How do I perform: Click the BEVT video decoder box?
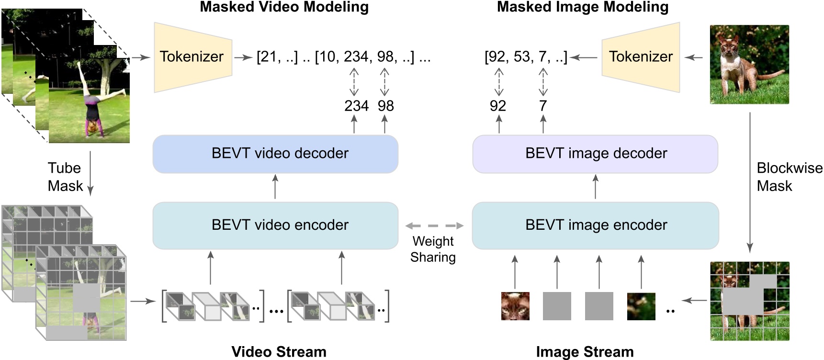(275, 154)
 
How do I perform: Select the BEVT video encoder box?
(275, 225)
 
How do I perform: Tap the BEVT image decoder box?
(595, 154)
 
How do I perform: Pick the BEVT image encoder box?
(595, 225)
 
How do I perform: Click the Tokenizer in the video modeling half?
(192, 57)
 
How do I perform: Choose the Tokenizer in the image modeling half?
(641, 57)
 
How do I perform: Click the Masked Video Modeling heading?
(284, 7)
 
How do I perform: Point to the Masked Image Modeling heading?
(582, 7)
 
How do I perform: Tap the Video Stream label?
(279, 352)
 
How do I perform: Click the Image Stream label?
(585, 352)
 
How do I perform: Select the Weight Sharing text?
(433, 249)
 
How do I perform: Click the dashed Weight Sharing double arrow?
(434, 225)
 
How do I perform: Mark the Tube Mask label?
(65, 177)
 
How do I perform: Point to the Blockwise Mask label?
(789, 177)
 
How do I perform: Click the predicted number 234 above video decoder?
(356, 106)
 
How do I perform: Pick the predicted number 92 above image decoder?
(498, 106)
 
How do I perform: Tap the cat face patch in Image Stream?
(515, 306)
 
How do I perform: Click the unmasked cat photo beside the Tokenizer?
(749, 65)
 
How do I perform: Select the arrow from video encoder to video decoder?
(275, 187)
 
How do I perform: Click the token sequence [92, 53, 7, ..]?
(526, 57)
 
